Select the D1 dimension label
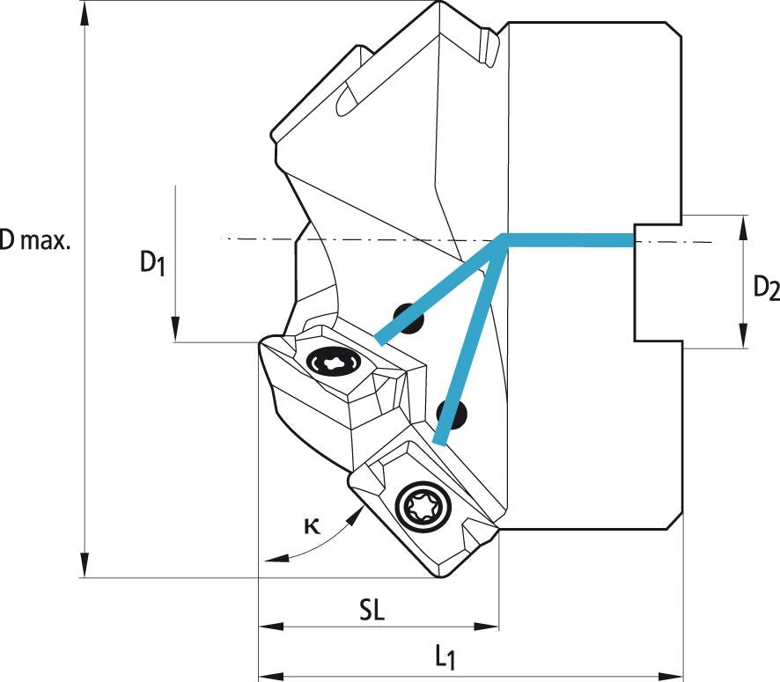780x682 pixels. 151,262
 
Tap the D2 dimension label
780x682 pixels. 765,287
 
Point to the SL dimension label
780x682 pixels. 372,612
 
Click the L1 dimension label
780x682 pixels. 445,656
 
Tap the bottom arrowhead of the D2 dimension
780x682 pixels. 746,339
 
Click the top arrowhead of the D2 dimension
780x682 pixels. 746,224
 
